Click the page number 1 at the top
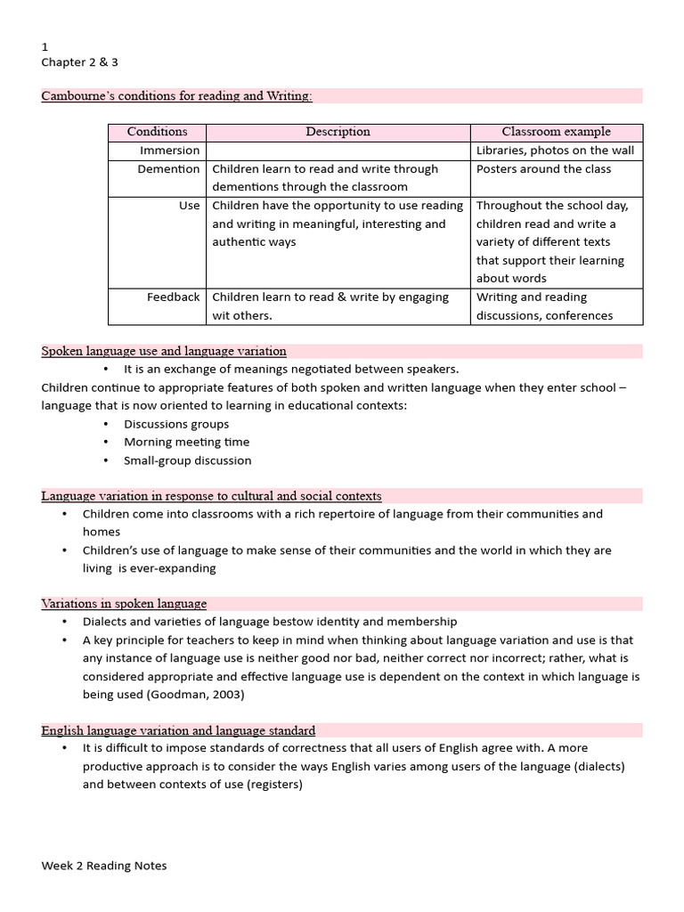coord(45,46)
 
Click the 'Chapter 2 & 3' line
coord(80,62)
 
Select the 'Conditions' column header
coord(157,132)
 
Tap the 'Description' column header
coord(338,132)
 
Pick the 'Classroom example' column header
coord(556,132)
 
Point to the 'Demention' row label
coord(168,169)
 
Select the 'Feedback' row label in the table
coord(173,297)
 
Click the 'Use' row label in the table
coord(189,206)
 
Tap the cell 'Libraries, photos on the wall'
coord(555,151)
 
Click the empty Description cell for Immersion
coord(338,151)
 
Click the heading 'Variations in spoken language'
coord(124,604)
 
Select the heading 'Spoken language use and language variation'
coord(164,351)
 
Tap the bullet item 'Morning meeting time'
coord(186,443)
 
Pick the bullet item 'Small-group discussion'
coord(187,460)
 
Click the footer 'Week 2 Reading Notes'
coord(103,866)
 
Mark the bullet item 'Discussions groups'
coord(176,424)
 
